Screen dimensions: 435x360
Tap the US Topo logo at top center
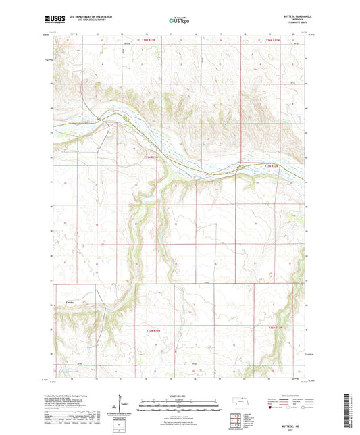(x=180, y=20)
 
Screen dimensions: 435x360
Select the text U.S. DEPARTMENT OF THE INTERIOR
(x=91, y=16)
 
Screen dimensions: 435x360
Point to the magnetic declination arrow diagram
(x=123, y=406)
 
